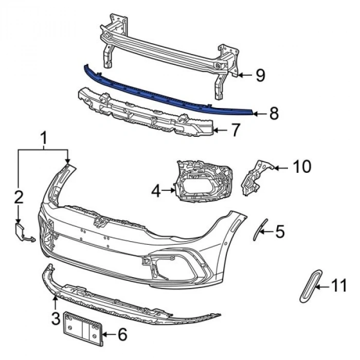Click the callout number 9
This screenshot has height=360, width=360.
coord(260,76)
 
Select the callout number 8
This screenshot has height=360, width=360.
coord(274,113)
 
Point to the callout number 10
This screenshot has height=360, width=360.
coord(302,167)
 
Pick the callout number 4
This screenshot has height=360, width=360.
coord(156,191)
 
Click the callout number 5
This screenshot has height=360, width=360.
coord(280,232)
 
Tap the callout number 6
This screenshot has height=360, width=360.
coord(122,335)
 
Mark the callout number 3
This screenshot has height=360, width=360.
coord(56,318)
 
